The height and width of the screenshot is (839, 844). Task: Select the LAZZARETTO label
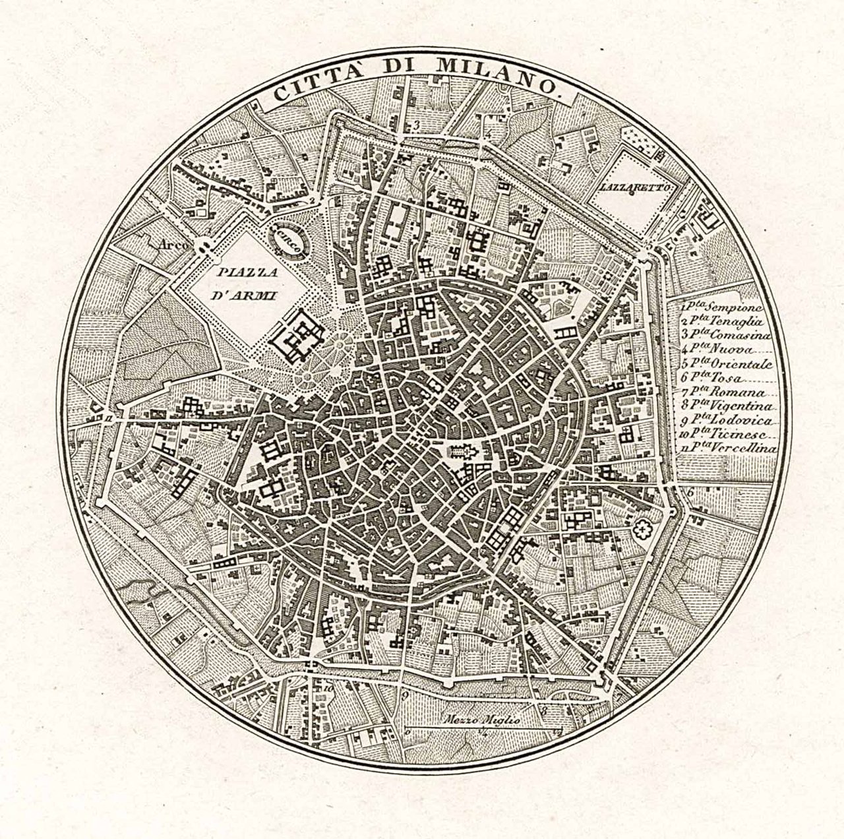tap(631, 187)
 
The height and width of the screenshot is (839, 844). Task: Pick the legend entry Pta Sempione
tap(722, 307)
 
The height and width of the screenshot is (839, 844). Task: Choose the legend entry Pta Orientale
tap(725, 364)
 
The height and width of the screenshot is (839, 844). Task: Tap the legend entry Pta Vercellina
tap(729, 449)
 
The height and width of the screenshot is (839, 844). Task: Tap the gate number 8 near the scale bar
tap(545, 710)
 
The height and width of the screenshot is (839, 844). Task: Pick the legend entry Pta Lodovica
tap(725, 421)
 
